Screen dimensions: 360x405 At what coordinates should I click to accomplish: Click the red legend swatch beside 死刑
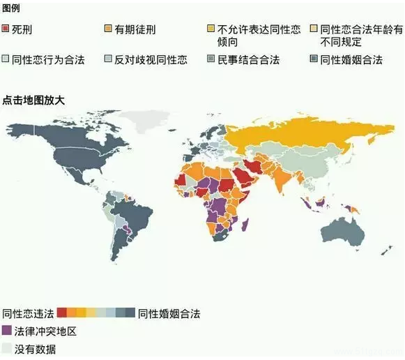(6, 30)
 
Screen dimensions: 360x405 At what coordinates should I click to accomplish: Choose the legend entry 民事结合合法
(249, 60)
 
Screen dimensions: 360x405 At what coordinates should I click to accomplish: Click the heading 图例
(12, 8)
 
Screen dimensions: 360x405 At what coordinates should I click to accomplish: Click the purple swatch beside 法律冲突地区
(7, 330)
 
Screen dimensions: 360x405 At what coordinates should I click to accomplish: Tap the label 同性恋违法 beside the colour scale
(28, 313)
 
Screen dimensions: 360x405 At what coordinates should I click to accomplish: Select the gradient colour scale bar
(95, 313)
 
